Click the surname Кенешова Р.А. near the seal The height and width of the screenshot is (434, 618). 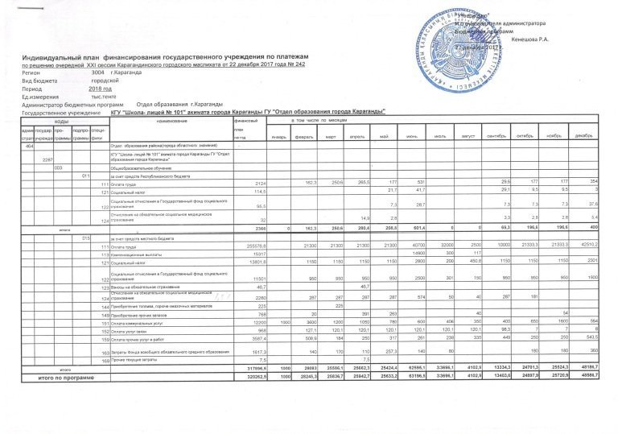point(529,39)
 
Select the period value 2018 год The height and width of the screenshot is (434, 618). point(100,88)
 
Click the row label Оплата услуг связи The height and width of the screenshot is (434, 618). point(129,330)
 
